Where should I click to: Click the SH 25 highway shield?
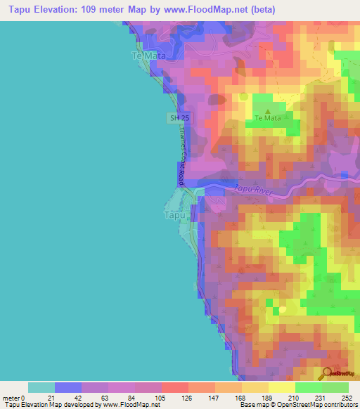click(177, 118)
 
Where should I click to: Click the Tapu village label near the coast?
click(175, 215)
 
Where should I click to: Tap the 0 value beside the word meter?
click(24, 397)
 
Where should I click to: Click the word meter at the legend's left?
click(11, 397)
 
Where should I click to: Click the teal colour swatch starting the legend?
click(41, 387)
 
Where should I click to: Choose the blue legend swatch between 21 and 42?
click(68, 387)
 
